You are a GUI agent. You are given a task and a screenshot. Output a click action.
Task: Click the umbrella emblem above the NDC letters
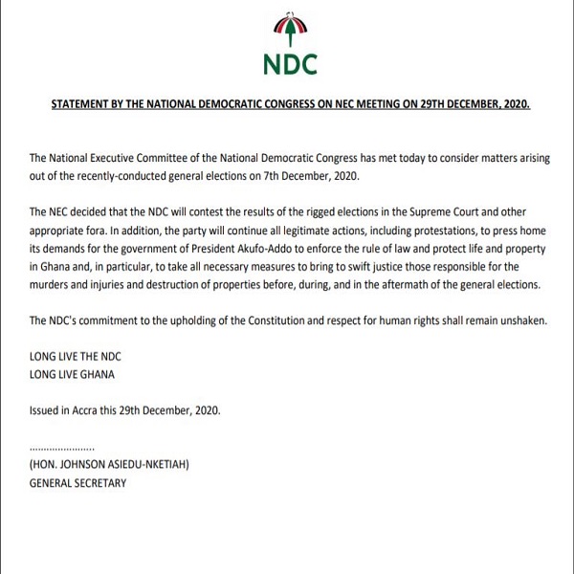pyautogui.click(x=287, y=28)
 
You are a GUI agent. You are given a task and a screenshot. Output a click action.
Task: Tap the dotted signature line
pyautogui.click(x=63, y=447)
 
